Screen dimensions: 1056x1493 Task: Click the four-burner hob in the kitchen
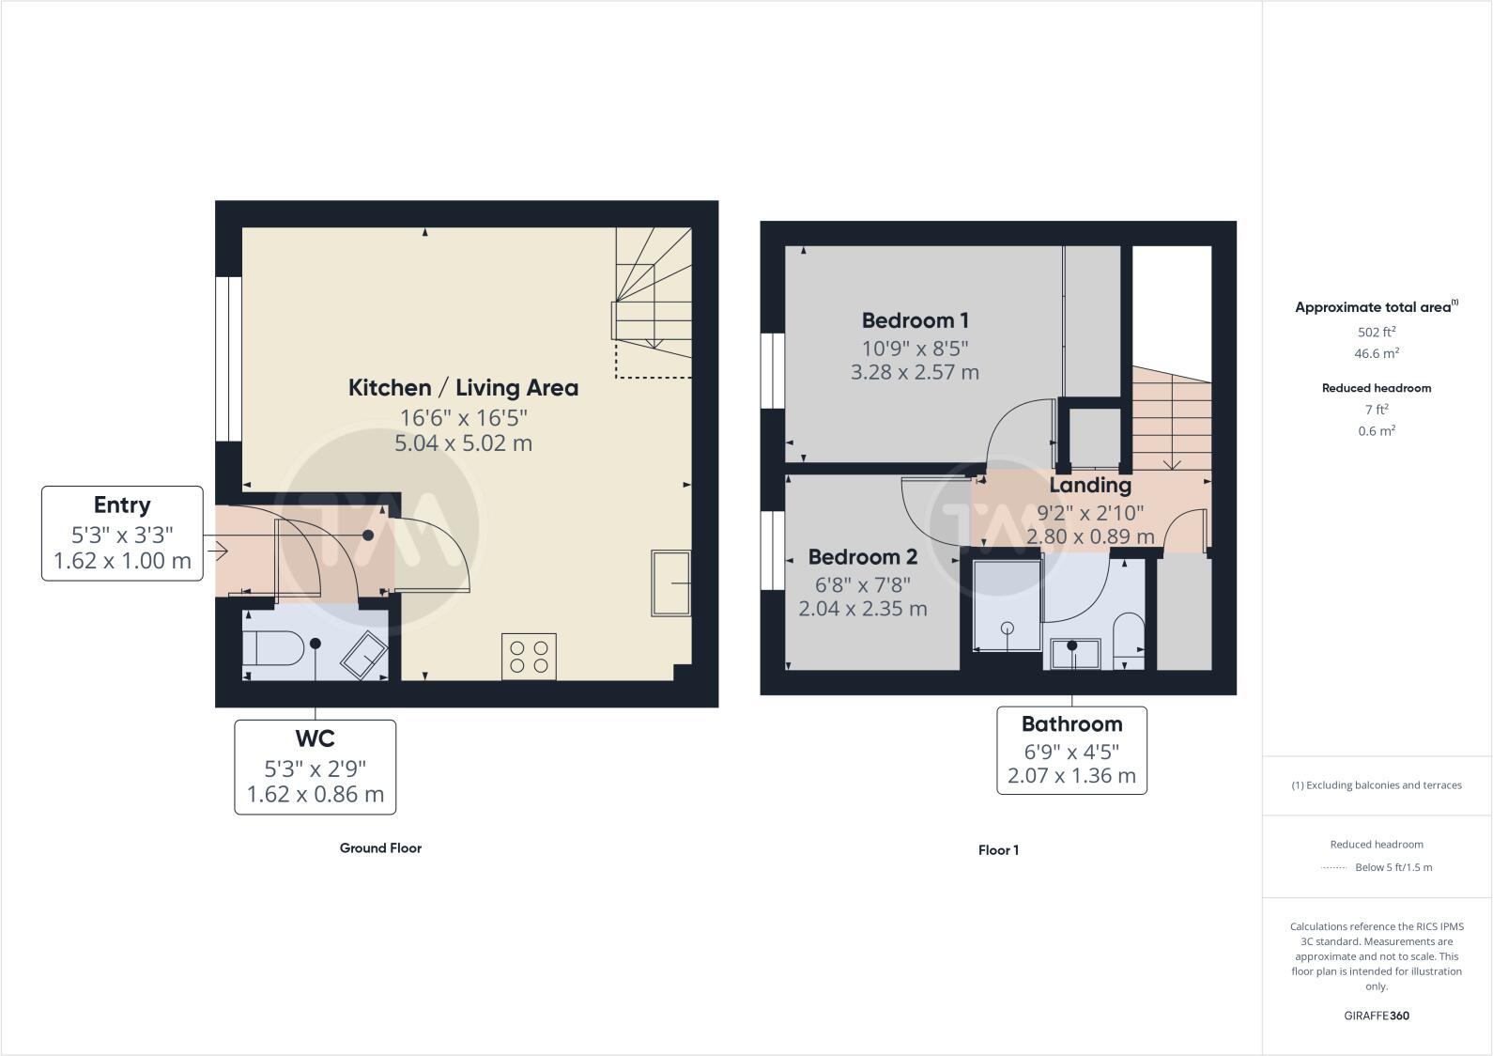pos(530,656)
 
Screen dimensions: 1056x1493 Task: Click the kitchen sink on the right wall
pos(671,583)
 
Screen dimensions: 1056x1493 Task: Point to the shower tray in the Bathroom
pos(1008,606)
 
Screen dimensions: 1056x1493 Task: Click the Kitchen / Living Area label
pos(463,388)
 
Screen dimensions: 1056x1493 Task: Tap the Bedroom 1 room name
pos(915,320)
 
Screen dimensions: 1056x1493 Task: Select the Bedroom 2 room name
pos(862,557)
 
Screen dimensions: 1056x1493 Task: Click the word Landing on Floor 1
pos(1089,486)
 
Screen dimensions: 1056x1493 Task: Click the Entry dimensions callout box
pos(122,534)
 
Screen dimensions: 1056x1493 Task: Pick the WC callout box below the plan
pos(315,767)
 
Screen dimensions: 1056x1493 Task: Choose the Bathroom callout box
pos(1071,750)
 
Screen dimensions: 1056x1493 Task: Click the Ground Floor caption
pos(380,847)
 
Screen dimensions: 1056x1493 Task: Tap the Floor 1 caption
pos(998,850)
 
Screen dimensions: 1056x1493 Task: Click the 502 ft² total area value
pos(1377,332)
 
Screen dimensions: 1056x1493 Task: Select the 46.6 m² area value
pos(1377,354)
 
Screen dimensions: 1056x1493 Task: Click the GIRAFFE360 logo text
pos(1377,1016)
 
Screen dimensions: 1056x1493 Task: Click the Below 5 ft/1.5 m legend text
pos(1393,867)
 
